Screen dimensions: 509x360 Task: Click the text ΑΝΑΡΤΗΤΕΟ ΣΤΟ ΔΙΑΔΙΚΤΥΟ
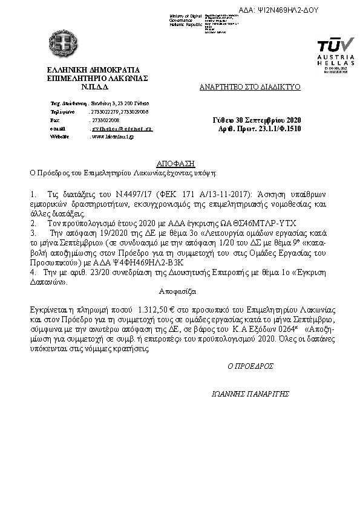point(250,87)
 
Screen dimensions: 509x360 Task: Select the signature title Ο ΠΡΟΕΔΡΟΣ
point(250,366)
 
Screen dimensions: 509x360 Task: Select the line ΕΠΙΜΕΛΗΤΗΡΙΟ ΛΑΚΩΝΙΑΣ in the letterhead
point(97,78)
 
